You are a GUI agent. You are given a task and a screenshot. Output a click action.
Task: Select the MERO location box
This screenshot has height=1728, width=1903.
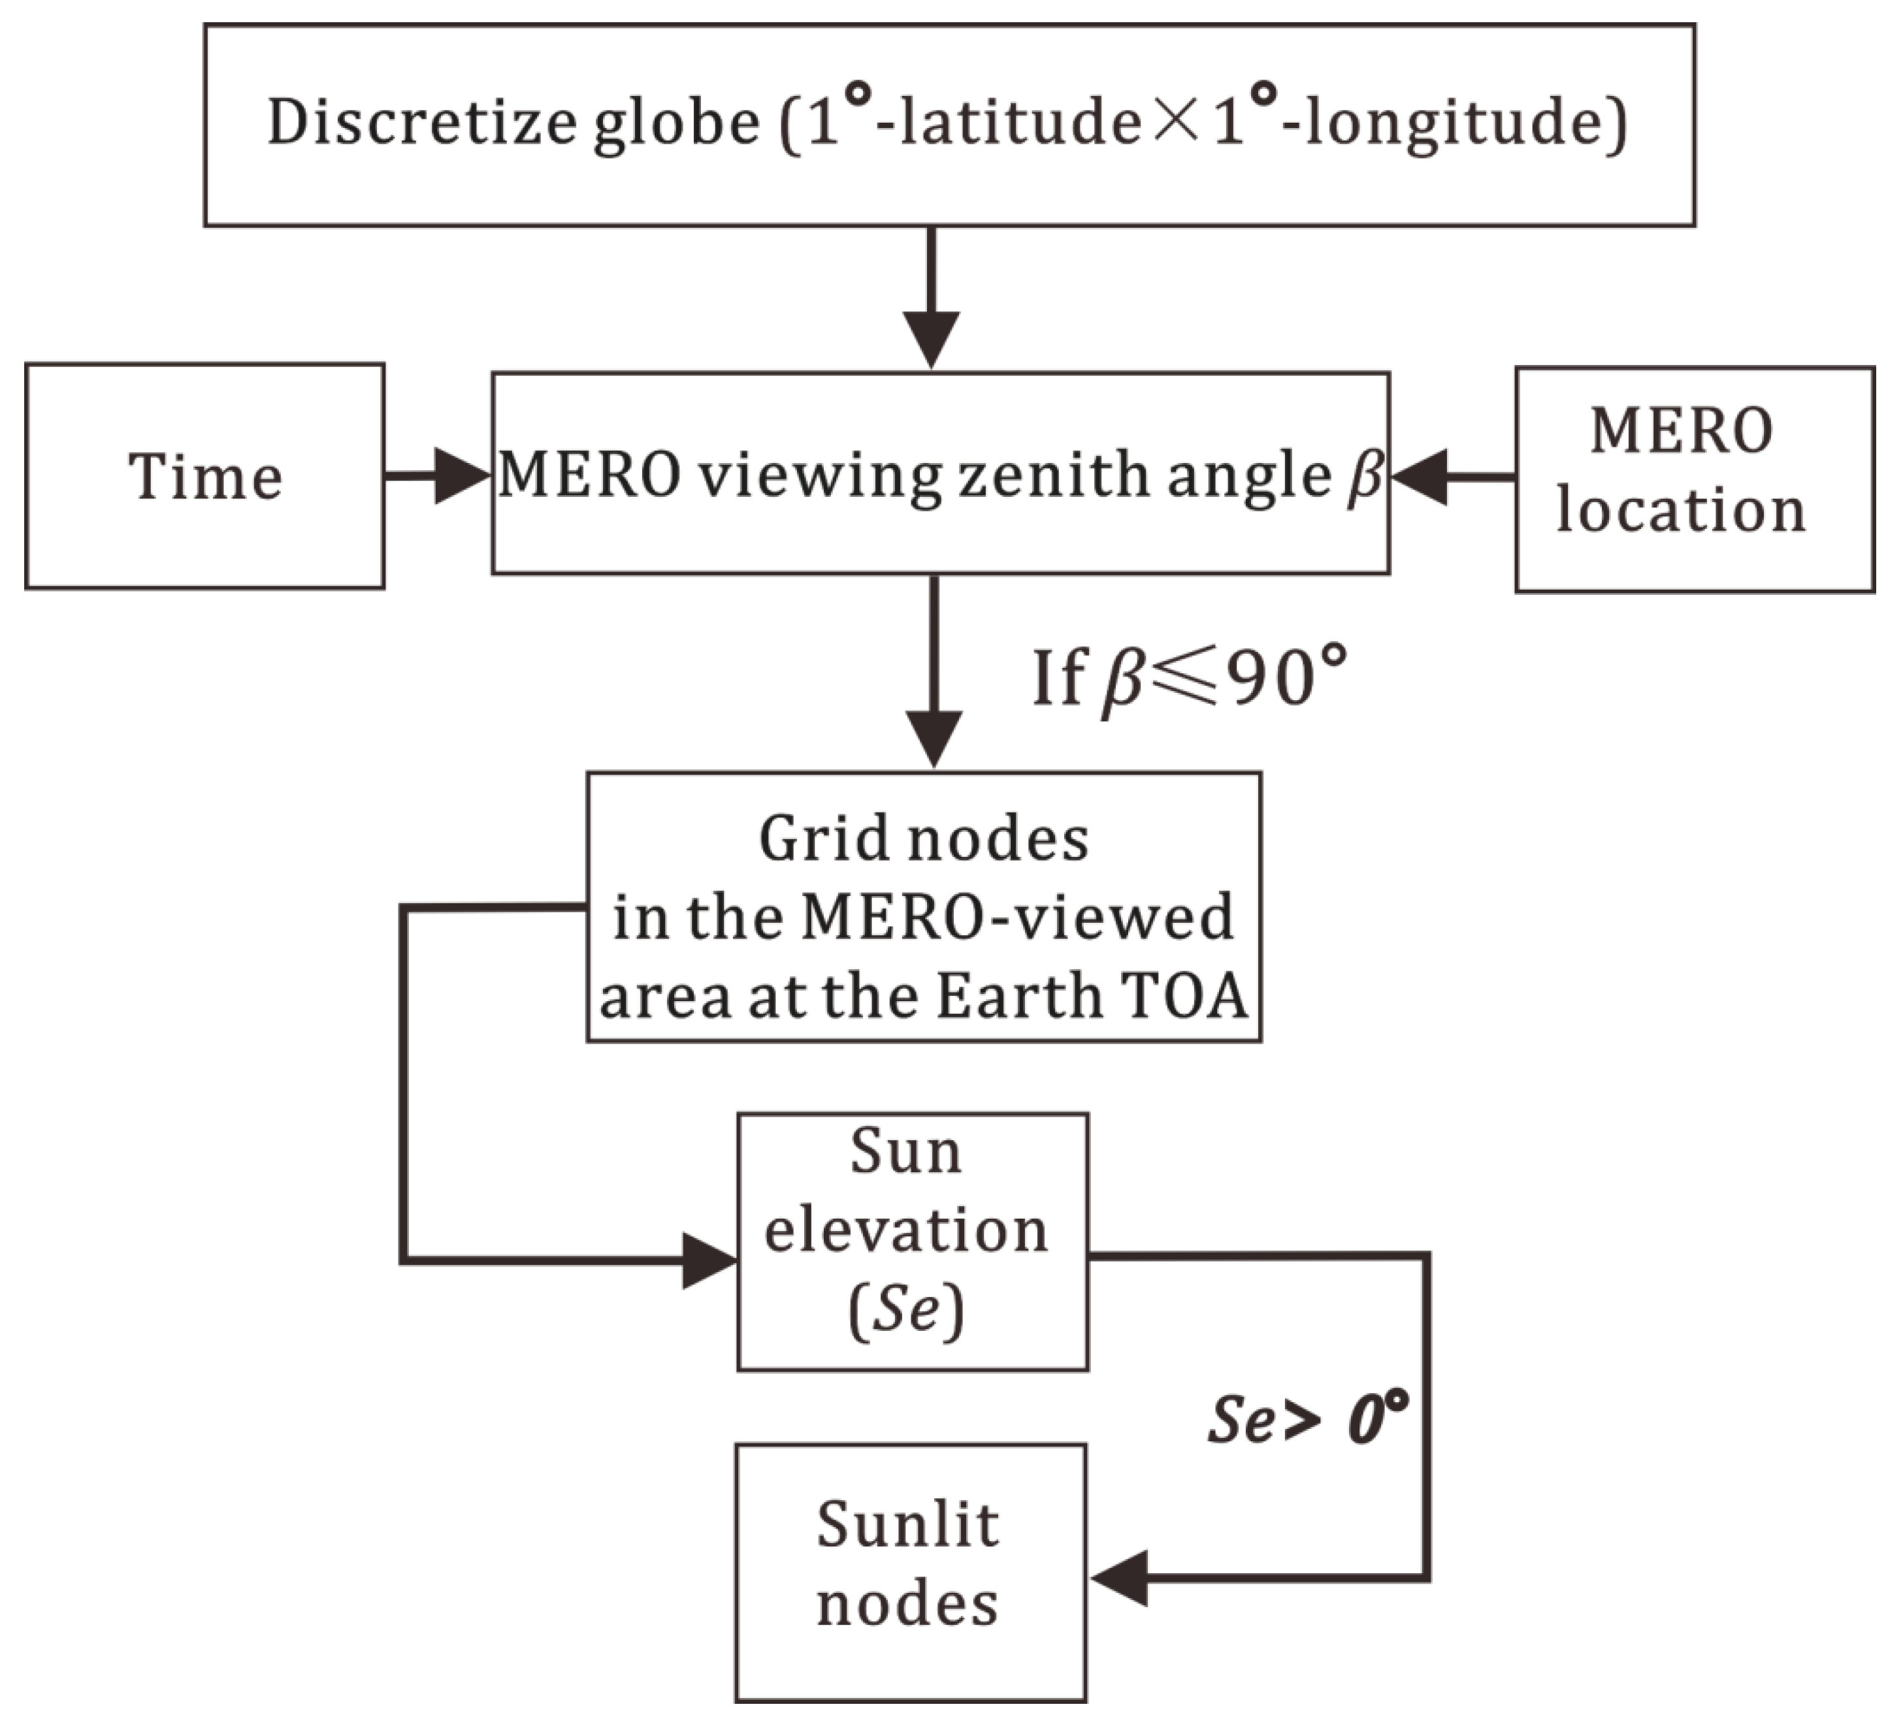(x=1695, y=479)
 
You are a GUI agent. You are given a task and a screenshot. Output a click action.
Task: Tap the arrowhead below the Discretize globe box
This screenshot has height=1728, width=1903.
(x=931, y=338)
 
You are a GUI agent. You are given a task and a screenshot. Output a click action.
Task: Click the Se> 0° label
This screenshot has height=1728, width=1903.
(x=1307, y=1418)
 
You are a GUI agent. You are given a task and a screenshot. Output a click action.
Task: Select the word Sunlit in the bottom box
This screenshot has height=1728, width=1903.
(x=907, y=1524)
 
